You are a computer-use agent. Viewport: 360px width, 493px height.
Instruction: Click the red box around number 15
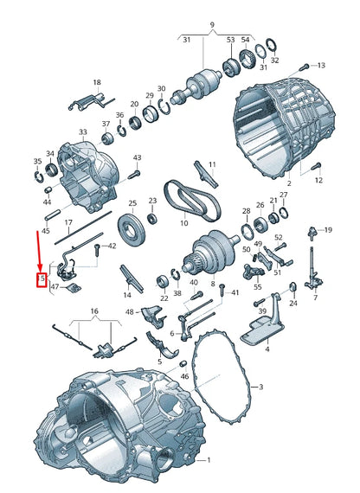42,279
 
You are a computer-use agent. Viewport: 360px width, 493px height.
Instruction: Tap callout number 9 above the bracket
212,24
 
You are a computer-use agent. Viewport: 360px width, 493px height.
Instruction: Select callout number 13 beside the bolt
321,66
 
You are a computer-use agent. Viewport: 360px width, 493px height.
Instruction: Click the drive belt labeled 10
192,199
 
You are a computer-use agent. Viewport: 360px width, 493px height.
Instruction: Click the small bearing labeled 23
152,218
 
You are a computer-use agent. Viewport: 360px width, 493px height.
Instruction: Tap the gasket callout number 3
260,387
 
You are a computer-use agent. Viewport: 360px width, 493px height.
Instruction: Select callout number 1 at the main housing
209,460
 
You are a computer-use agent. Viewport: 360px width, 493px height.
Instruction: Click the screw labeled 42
97,250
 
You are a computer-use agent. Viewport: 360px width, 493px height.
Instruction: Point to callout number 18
97,82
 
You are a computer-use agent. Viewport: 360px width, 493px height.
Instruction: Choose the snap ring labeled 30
164,106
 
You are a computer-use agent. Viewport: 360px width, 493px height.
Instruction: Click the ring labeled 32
272,45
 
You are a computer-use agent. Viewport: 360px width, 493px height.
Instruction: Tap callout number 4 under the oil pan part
267,349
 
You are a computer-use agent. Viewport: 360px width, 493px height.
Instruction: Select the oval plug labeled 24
292,288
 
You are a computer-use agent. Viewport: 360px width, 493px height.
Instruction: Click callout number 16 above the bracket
94,311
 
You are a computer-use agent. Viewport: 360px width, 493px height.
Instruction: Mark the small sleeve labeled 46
183,364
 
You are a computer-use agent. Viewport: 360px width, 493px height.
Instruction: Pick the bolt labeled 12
316,166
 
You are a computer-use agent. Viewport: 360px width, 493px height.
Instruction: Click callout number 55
257,287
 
